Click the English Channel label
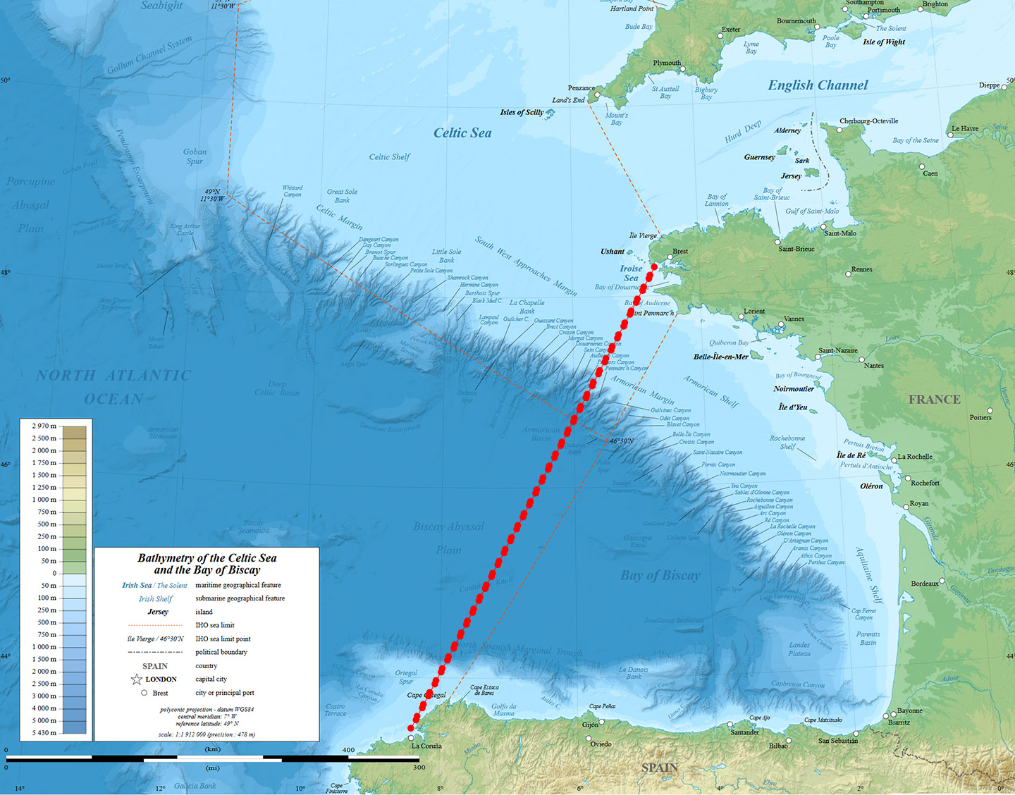[818, 85]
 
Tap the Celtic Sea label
[462, 132]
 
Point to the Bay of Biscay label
[660, 575]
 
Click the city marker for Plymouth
[682, 69]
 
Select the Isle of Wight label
[884, 42]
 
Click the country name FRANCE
[934, 400]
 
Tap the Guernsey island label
[759, 157]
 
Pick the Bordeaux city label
[925, 584]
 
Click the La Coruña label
[426, 746]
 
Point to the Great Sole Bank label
[342, 196]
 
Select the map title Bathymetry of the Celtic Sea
[207, 564]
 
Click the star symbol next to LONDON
[137, 679]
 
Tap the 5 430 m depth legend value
[44, 733]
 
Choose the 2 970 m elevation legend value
[44, 426]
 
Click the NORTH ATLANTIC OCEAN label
[113, 387]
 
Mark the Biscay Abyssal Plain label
[448, 538]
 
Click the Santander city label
[744, 732]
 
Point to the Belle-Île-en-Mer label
[720, 357]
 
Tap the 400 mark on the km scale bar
[348, 750]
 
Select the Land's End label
[568, 100]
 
